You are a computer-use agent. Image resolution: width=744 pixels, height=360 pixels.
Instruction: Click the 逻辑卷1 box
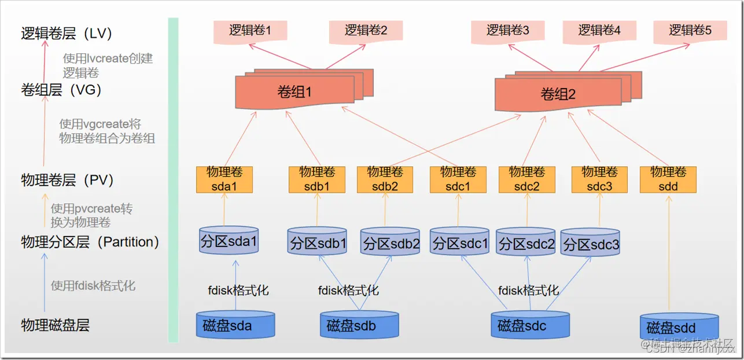[x=250, y=31]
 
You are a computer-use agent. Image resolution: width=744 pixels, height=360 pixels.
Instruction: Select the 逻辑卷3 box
[x=507, y=31]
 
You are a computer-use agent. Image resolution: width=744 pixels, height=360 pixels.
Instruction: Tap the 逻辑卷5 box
[x=690, y=31]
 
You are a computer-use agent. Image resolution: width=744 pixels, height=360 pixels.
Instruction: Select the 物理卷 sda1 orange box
[x=224, y=179]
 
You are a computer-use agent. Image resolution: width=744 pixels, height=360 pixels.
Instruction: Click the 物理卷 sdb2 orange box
[x=385, y=179]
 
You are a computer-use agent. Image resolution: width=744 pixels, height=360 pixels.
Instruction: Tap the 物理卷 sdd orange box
[x=668, y=179]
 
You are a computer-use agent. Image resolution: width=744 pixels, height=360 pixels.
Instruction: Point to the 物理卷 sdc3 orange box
[x=600, y=179]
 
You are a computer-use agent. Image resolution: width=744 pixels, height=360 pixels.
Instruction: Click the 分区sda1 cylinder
[x=228, y=242]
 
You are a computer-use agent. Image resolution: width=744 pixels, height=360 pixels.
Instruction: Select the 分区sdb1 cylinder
[x=317, y=244]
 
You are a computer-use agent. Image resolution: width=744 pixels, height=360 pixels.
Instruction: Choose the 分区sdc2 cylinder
[x=526, y=244]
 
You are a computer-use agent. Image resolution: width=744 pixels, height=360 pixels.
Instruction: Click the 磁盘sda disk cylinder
[x=235, y=325]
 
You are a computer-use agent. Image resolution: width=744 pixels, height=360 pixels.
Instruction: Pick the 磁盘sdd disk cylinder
[x=679, y=328]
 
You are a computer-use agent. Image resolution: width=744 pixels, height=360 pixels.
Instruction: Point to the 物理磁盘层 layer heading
[x=56, y=325]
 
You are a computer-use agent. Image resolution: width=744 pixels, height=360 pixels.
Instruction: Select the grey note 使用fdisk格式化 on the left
[x=93, y=285]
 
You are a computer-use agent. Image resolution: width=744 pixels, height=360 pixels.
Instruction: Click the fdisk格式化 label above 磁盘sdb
[x=348, y=290]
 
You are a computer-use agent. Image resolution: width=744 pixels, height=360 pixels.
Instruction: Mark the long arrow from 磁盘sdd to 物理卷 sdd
[x=669, y=255]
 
